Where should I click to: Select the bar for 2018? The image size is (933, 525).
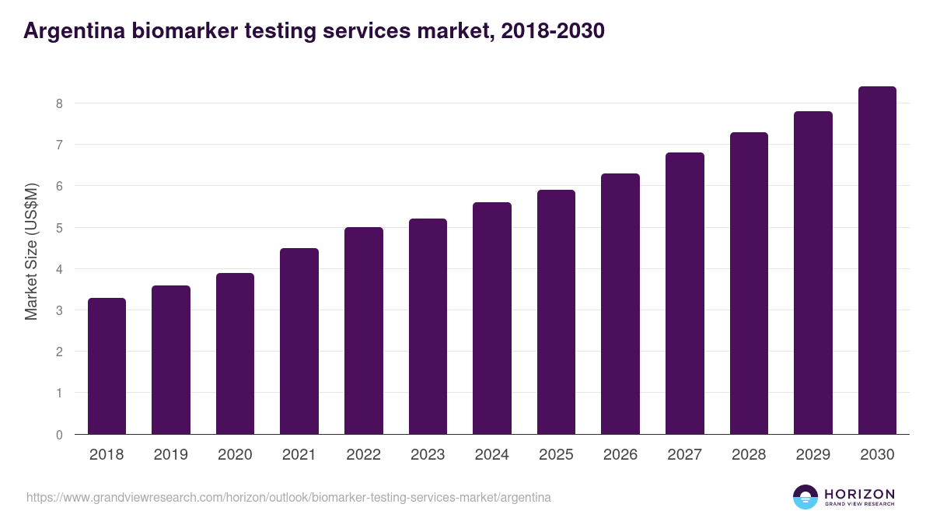(107, 366)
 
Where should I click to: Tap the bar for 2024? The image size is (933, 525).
(491, 318)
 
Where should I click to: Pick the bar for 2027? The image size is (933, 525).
(684, 293)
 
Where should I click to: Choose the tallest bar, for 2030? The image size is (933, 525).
(877, 261)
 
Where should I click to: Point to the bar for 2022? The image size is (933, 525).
(363, 331)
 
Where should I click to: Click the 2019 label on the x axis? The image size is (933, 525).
(171, 455)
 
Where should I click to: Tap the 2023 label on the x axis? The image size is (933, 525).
(428, 455)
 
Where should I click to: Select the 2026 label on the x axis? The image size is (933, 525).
(620, 455)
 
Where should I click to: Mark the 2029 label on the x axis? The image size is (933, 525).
(813, 455)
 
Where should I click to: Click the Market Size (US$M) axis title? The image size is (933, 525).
(31, 251)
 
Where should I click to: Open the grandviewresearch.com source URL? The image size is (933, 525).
(288, 497)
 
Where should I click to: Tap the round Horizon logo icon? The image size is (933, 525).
(805, 497)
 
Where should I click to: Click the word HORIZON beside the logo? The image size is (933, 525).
(859, 494)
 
